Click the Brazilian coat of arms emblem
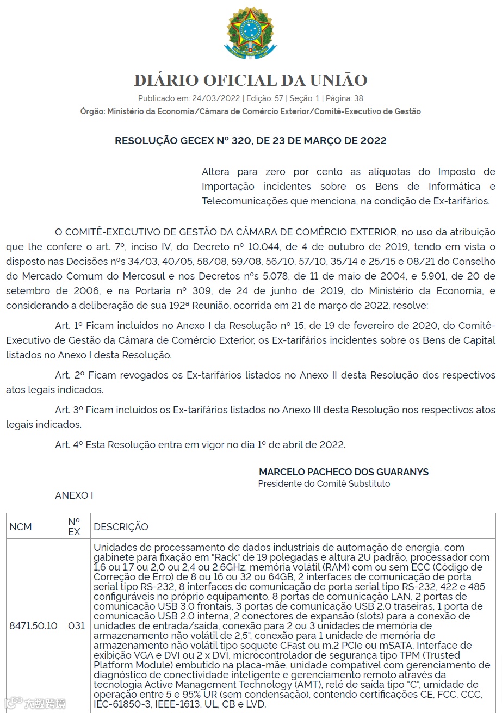250,34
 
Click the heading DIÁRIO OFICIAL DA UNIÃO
250,80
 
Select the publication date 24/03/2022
216,98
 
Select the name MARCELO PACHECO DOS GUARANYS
344,472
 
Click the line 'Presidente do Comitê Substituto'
324,483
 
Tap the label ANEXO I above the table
74,495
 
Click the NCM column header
21,526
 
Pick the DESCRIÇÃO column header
121,526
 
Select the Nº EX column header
75,526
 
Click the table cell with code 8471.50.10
33,625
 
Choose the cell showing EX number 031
76,625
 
